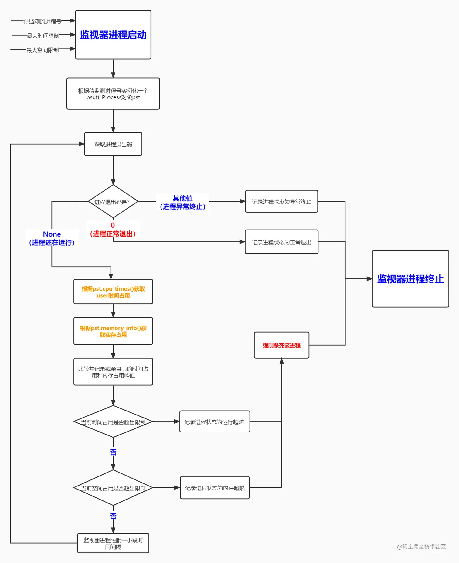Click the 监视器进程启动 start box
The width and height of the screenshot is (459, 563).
click(x=113, y=35)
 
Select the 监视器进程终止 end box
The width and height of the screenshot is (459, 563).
click(x=410, y=278)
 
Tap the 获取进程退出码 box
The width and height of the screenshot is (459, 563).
click(x=113, y=144)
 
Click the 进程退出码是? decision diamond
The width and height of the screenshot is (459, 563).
click(x=113, y=202)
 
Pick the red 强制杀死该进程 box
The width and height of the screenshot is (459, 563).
click(x=281, y=345)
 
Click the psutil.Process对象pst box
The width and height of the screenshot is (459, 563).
click(x=113, y=94)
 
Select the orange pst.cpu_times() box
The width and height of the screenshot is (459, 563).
click(x=113, y=292)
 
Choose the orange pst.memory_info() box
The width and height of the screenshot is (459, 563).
click(x=113, y=331)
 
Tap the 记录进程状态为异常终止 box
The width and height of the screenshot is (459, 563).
click(x=281, y=202)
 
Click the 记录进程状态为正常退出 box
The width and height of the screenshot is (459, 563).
click(x=281, y=242)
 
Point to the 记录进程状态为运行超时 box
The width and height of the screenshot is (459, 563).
click(x=214, y=422)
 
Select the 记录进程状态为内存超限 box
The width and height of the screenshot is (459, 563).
click(x=215, y=488)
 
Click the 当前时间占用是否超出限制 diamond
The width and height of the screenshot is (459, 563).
click(x=113, y=422)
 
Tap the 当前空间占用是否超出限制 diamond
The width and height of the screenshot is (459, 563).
click(x=113, y=488)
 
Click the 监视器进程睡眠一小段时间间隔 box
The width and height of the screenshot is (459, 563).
click(x=113, y=543)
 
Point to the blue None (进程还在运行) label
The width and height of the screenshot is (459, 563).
click(x=52, y=238)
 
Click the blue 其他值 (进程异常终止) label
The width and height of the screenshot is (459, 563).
click(x=182, y=202)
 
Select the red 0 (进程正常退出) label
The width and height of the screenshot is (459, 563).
click(x=113, y=230)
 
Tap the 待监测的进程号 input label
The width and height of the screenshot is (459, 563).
click(x=42, y=22)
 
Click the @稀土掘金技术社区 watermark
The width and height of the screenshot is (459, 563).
click(x=421, y=547)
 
